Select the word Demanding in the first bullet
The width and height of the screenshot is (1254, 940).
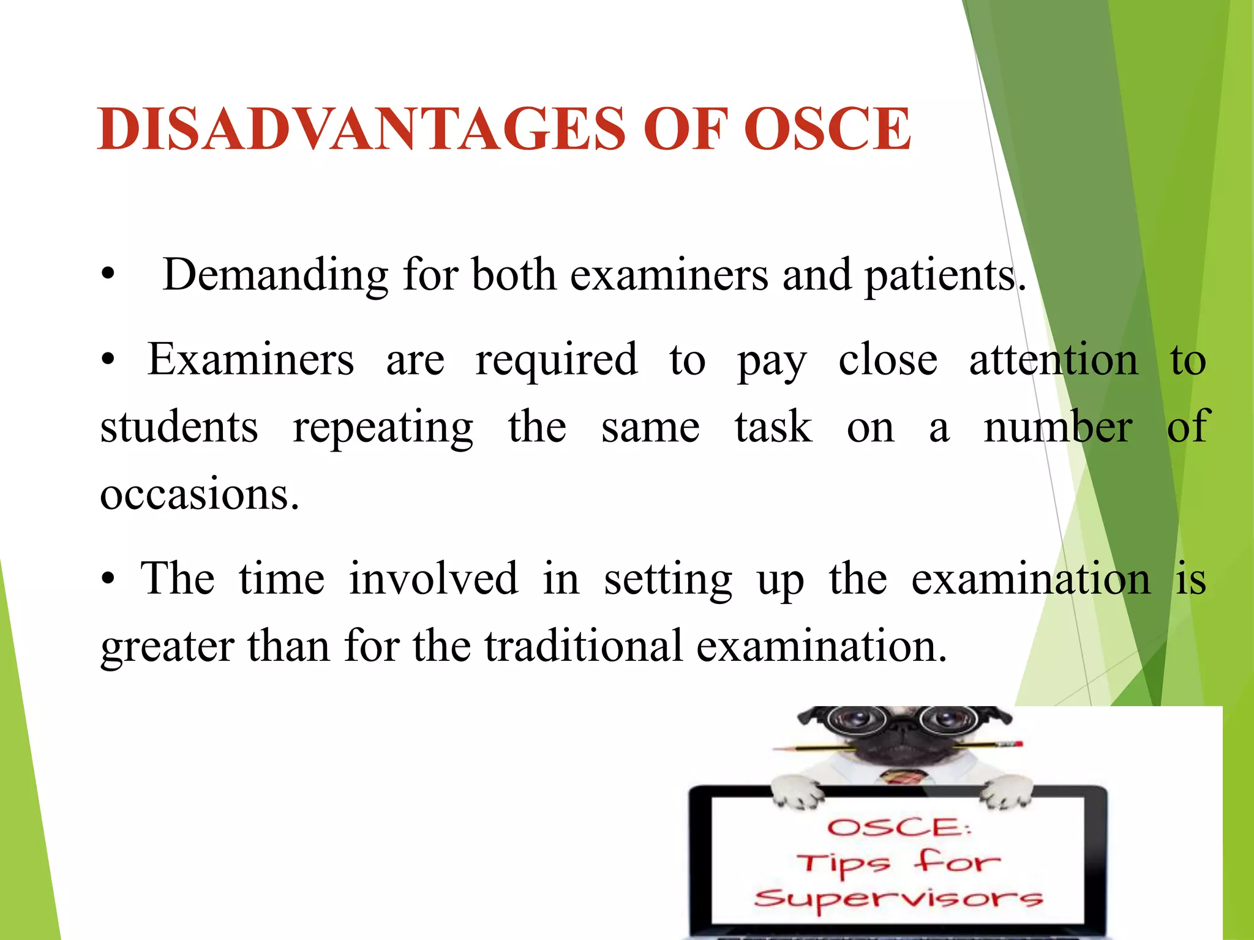pyautogui.click(x=275, y=275)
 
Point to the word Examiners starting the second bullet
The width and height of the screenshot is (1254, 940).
pyautogui.click(x=250, y=360)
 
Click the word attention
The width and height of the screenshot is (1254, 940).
pyautogui.click(x=1053, y=360)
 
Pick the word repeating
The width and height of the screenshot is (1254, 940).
pyautogui.click(x=383, y=428)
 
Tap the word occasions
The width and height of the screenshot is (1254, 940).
pyautogui.click(x=199, y=494)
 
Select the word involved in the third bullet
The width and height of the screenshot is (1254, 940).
pyautogui.click(x=434, y=579)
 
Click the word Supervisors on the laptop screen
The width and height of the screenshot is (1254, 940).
pyautogui.click(x=898, y=898)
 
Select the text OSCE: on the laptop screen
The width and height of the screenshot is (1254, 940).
pyautogui.click(x=898, y=827)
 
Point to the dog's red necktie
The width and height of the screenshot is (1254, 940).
pyautogui.click(x=904, y=777)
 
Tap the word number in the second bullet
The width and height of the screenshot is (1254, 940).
pyautogui.click(x=1057, y=428)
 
